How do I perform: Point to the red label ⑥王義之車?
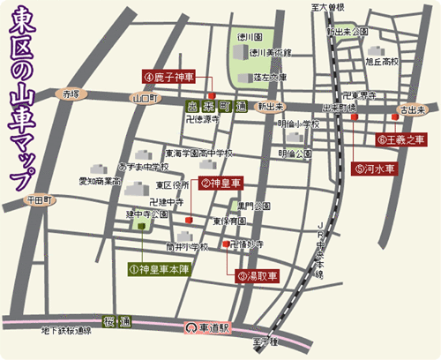[401, 139]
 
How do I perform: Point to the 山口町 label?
[142, 99]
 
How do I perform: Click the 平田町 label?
[41, 200]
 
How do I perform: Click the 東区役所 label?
[173, 185]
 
